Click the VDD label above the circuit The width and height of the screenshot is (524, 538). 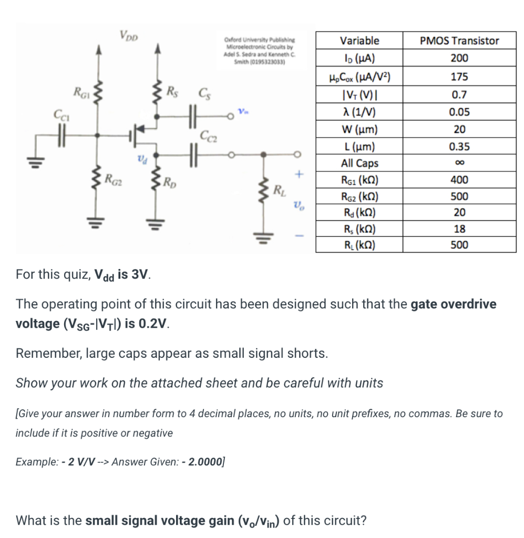(x=128, y=36)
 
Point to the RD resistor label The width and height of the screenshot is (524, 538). (x=170, y=183)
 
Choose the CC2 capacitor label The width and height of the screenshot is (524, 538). (x=208, y=139)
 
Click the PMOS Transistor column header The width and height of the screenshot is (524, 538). (x=459, y=40)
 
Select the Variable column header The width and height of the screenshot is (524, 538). (x=359, y=40)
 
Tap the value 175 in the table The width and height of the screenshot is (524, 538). (x=459, y=77)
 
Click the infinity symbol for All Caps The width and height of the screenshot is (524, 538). (x=459, y=163)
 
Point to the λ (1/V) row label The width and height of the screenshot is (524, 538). (x=359, y=112)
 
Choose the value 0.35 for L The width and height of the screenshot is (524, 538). (x=459, y=147)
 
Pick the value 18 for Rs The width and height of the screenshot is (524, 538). (x=459, y=229)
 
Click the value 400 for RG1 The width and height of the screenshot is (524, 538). (x=459, y=180)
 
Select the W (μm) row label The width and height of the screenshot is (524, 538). (x=359, y=129)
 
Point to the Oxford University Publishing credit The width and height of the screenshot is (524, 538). (x=260, y=50)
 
